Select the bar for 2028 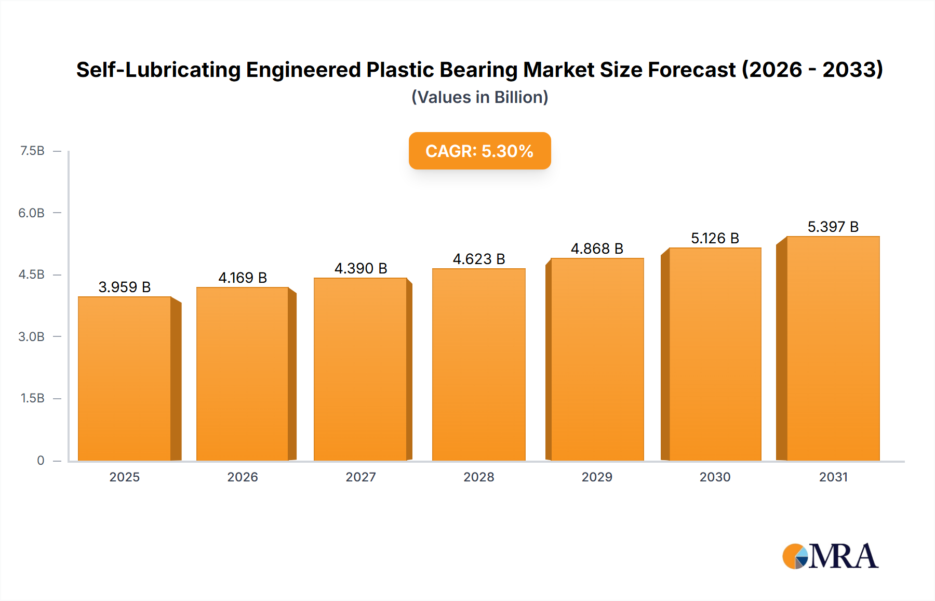pyautogui.click(x=478, y=364)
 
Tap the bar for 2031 pyautogui.click(x=833, y=348)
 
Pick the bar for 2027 pyautogui.click(x=360, y=369)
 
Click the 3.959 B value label pyautogui.click(x=125, y=287)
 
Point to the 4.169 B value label pyautogui.click(x=243, y=278)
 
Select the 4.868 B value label pyautogui.click(x=597, y=249)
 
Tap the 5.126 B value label pyautogui.click(x=715, y=238)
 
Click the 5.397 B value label pyautogui.click(x=833, y=227)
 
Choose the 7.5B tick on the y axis pyautogui.click(x=32, y=151)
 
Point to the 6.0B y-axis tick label pyautogui.click(x=31, y=213)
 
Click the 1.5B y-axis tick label pyautogui.click(x=32, y=398)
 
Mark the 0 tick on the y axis pyautogui.click(x=41, y=460)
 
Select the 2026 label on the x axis pyautogui.click(x=243, y=477)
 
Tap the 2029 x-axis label pyautogui.click(x=597, y=477)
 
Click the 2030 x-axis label pyautogui.click(x=715, y=477)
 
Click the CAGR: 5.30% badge pyautogui.click(x=479, y=151)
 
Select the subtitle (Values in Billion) pyautogui.click(x=479, y=97)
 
